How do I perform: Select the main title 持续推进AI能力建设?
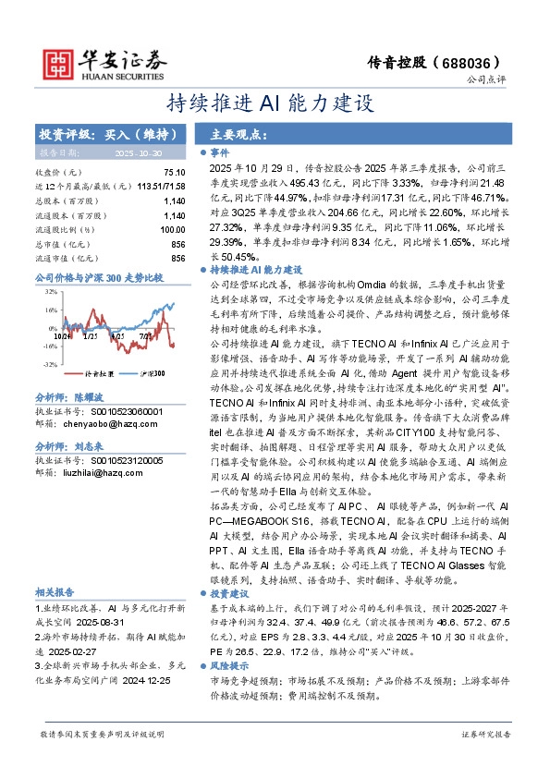click(275, 103)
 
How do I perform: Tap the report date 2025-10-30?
click(137, 152)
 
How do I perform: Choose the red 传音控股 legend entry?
click(96, 373)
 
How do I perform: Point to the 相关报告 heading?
click(55, 565)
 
